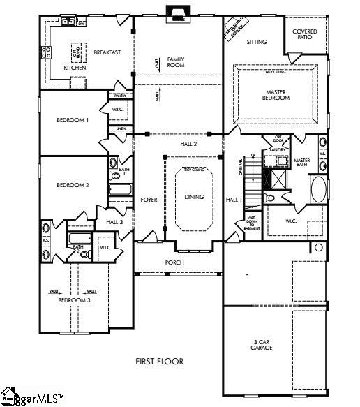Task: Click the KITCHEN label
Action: (75, 68)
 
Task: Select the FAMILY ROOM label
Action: (176, 61)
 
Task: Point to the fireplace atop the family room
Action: (177, 12)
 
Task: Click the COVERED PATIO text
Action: (305, 34)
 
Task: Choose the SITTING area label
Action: (257, 42)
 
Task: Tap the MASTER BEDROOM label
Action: (275, 95)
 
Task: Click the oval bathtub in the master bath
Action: (317, 188)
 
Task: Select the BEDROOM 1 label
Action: (73, 120)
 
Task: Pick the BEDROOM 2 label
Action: (73, 185)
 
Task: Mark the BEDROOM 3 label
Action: (73, 299)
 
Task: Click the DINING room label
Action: (194, 197)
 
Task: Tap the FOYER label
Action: (149, 200)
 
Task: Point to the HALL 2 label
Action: (188, 143)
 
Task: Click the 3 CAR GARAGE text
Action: (262, 343)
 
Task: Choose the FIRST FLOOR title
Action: (159, 361)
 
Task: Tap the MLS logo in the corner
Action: (31, 396)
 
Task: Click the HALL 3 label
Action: (115, 221)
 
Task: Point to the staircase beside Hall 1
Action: (252, 178)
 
